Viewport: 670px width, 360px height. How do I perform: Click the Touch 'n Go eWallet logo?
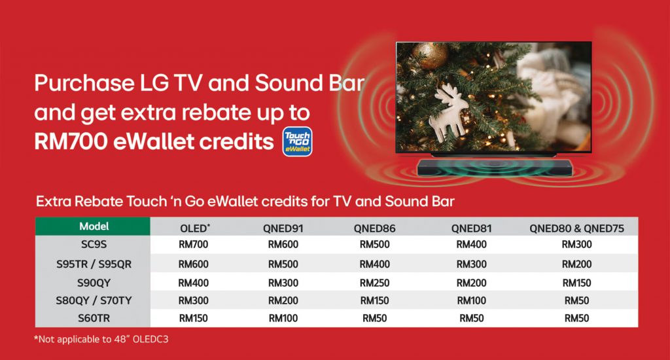point(298,141)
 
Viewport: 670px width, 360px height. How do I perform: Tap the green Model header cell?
point(93,226)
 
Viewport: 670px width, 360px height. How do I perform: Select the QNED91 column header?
point(283,228)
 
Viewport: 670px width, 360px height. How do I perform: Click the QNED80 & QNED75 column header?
point(576,228)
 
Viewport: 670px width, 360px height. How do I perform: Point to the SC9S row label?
point(94,245)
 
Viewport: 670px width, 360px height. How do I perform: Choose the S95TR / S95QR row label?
point(94,264)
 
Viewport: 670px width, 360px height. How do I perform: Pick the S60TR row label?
point(94,318)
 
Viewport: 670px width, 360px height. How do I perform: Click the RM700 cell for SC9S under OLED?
point(194,245)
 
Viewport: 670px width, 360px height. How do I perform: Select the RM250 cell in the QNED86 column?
point(374,283)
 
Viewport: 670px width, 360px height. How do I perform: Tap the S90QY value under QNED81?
point(471,283)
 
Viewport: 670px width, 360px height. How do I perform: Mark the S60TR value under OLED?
point(194,318)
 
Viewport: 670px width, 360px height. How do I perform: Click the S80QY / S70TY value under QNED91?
point(283,300)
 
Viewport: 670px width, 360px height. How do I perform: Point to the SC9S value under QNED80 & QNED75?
point(576,245)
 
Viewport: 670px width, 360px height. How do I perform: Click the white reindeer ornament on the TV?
point(449,111)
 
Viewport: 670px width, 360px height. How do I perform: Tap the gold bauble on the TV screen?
point(430,55)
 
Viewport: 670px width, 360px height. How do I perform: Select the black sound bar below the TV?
point(495,167)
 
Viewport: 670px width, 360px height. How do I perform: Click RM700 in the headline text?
point(71,141)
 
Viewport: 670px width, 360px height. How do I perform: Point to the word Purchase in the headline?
point(84,83)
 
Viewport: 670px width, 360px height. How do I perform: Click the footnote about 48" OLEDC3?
point(101,339)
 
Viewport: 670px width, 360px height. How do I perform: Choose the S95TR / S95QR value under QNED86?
point(374,264)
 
